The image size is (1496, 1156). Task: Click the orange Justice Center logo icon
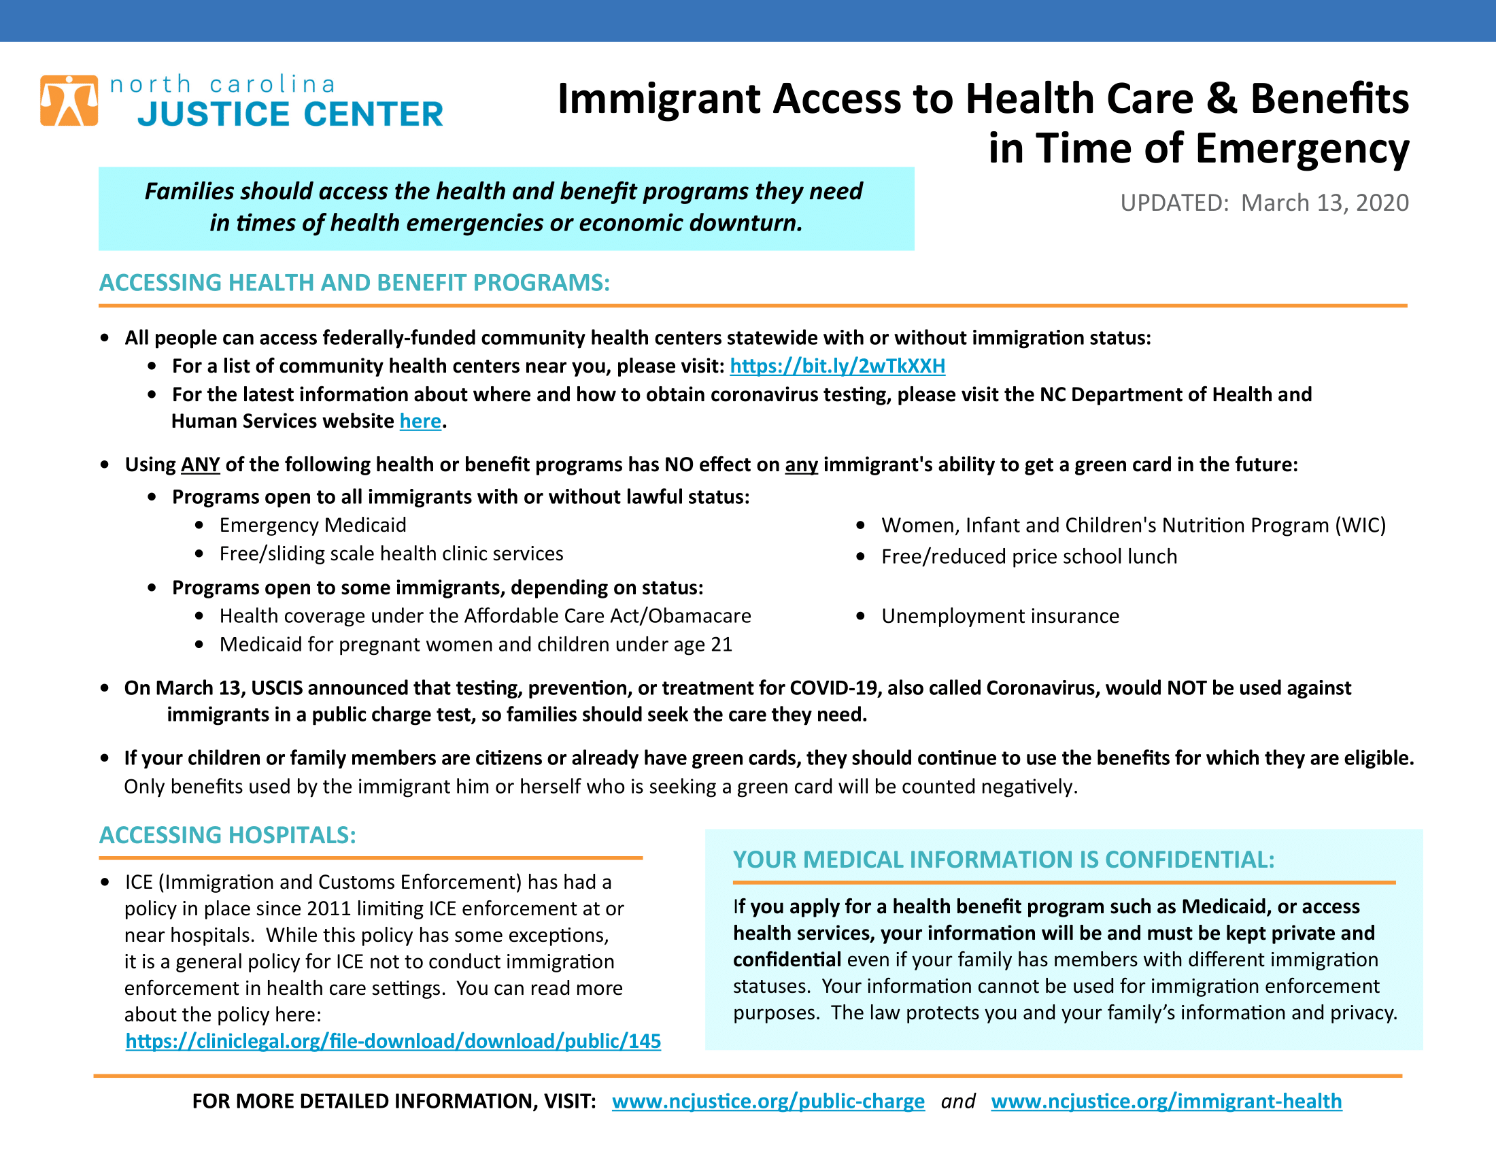(x=69, y=101)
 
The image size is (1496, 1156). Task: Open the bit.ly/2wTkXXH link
(x=837, y=366)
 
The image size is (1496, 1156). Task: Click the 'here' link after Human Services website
(x=420, y=421)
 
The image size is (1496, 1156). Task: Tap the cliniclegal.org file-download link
(x=392, y=1041)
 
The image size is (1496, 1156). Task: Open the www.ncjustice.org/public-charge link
(x=768, y=1101)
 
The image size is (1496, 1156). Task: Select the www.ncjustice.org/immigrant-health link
(x=1166, y=1101)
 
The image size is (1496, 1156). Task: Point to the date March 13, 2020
(x=1324, y=203)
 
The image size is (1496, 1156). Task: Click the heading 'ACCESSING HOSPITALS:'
(x=227, y=836)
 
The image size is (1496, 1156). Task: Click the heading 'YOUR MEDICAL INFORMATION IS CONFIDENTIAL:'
(x=1004, y=860)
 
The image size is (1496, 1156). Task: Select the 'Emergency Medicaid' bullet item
(x=312, y=525)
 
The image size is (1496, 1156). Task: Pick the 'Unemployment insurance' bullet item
(x=1000, y=616)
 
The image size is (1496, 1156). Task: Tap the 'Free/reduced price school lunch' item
(x=1029, y=557)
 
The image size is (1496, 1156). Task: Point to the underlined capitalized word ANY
(x=200, y=465)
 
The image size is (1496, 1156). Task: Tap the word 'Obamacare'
(x=699, y=616)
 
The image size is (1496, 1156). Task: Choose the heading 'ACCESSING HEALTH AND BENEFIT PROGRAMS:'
(x=354, y=283)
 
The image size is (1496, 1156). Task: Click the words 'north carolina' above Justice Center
(x=223, y=84)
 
